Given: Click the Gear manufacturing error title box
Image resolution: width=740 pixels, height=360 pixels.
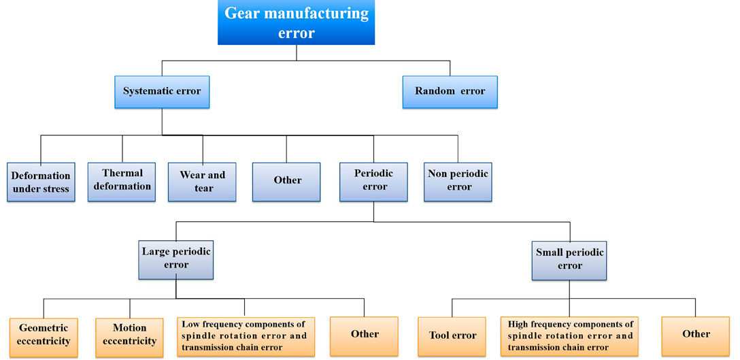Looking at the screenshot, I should pyautogui.click(x=296, y=22).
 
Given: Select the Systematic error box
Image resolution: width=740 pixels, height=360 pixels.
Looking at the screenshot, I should pyautogui.click(x=162, y=91).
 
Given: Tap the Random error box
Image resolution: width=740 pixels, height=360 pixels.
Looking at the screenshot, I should pyautogui.click(x=450, y=91).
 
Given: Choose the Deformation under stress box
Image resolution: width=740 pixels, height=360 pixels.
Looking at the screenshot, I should pyautogui.click(x=41, y=182).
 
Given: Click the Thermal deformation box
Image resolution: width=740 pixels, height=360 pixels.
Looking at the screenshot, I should pyautogui.click(x=122, y=181).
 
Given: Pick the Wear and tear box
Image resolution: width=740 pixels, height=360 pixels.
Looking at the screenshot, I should pyautogui.click(x=202, y=182).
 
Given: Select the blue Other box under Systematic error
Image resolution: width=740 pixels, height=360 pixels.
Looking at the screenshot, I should pyautogui.click(x=286, y=181).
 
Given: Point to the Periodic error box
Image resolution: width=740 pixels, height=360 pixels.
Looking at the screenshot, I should pyautogui.click(x=373, y=181).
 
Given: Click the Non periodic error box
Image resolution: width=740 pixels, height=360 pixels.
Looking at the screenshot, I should pyautogui.click(x=458, y=181).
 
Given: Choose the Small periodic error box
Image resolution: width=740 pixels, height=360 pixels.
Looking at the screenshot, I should pyautogui.click(x=569, y=259).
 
